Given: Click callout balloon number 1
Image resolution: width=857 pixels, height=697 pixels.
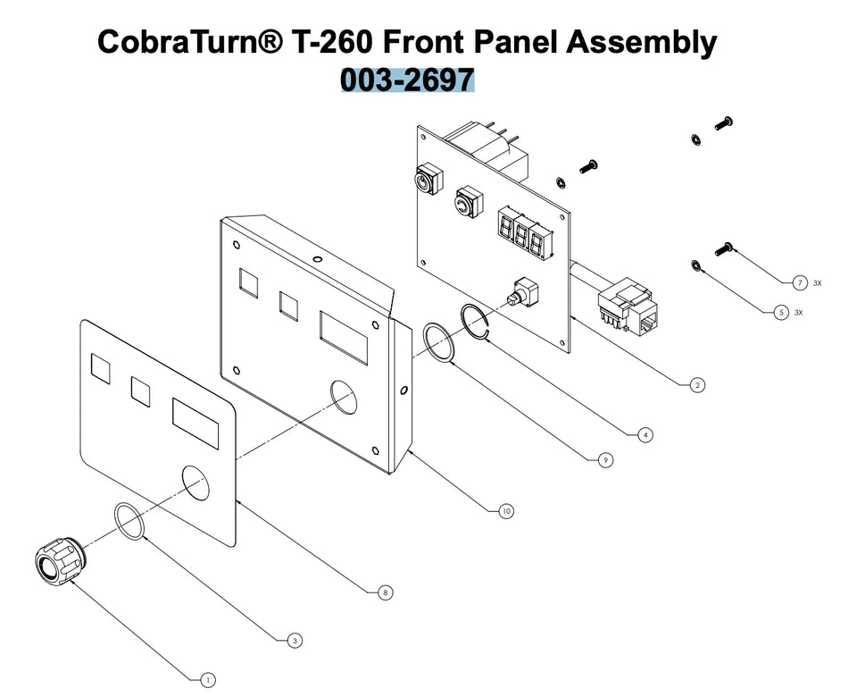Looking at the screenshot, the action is click(208, 680).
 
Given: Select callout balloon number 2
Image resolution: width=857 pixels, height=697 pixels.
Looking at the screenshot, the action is click(697, 385).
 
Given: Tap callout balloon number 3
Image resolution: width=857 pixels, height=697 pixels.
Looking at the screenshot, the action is click(295, 641).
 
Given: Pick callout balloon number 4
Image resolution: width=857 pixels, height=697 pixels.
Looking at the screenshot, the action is click(645, 435).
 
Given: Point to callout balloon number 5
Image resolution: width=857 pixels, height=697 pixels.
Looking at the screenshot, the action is click(781, 313).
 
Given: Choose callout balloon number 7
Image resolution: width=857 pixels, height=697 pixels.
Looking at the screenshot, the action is click(800, 283).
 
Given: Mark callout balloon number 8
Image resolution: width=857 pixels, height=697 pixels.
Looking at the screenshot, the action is click(386, 592).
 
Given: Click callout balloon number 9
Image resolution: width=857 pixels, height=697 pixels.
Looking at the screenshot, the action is click(605, 460).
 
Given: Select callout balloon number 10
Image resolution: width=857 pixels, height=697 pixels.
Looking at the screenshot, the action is click(506, 511).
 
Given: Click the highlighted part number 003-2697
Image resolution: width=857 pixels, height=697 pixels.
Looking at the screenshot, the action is click(408, 80).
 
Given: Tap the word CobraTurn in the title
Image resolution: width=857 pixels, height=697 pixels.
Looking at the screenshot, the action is click(190, 42).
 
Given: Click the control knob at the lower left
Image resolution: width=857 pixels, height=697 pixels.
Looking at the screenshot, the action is click(60, 560).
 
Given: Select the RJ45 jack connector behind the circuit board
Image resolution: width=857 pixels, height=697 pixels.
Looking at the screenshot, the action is click(628, 306).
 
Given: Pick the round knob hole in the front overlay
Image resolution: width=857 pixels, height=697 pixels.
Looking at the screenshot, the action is click(196, 482).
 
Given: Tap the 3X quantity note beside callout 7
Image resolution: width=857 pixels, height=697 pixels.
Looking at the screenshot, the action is click(817, 283).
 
